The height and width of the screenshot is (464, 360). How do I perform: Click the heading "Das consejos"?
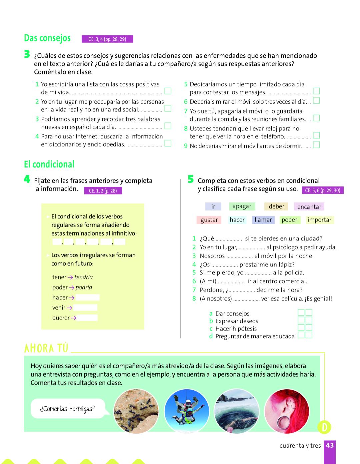pyautogui.click(x=47, y=38)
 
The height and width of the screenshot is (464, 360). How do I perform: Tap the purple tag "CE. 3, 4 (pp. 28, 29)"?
pyautogui.click(x=107, y=39)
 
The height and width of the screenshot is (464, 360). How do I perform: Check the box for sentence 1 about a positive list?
pyautogui.click(x=168, y=91)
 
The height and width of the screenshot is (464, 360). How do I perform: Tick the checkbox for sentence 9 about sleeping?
pyautogui.click(x=316, y=145)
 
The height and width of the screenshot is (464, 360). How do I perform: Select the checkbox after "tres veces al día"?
pyautogui.click(x=316, y=100)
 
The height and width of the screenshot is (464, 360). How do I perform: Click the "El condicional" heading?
pyautogui.click(x=49, y=164)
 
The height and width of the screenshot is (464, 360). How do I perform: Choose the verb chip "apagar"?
pyautogui.click(x=242, y=206)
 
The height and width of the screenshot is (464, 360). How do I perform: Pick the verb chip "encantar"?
pyautogui.click(x=309, y=207)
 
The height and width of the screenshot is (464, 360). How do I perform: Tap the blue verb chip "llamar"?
pyautogui.click(x=263, y=220)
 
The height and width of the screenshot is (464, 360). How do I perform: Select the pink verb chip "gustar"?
pyautogui.click(x=209, y=220)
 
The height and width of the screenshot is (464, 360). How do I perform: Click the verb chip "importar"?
pyautogui.click(x=319, y=220)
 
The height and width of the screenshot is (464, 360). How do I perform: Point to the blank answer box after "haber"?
pyautogui.click(x=87, y=298)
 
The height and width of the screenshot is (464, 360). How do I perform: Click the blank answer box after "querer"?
pyautogui.click(x=87, y=318)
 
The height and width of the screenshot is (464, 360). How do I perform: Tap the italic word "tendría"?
pyautogui.click(x=83, y=277)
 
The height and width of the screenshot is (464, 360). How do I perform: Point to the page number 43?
pyautogui.click(x=330, y=445)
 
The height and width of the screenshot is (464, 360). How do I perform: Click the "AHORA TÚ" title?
pyautogui.click(x=46, y=349)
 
